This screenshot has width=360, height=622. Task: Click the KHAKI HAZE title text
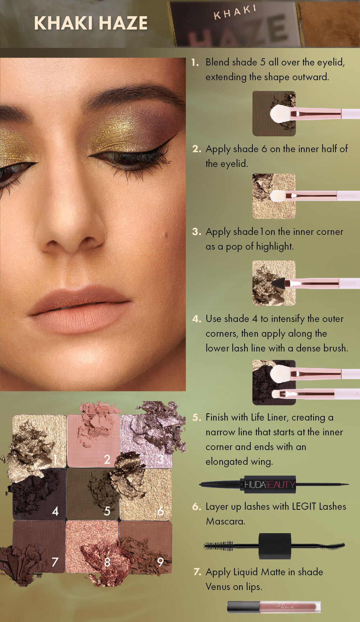click(91, 23)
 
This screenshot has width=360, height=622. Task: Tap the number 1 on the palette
click(55, 459)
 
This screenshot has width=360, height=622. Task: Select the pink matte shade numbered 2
click(93, 441)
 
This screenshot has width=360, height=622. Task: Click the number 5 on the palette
click(107, 511)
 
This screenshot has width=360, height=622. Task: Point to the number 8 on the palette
click(107, 562)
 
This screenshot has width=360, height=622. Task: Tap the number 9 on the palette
click(160, 562)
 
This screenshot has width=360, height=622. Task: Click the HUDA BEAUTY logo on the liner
click(270, 485)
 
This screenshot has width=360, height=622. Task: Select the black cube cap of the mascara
click(275, 546)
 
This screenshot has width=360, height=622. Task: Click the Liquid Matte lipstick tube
click(274, 607)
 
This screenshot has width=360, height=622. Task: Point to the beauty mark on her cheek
click(165, 235)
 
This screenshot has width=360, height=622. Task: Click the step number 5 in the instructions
click(196, 417)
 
